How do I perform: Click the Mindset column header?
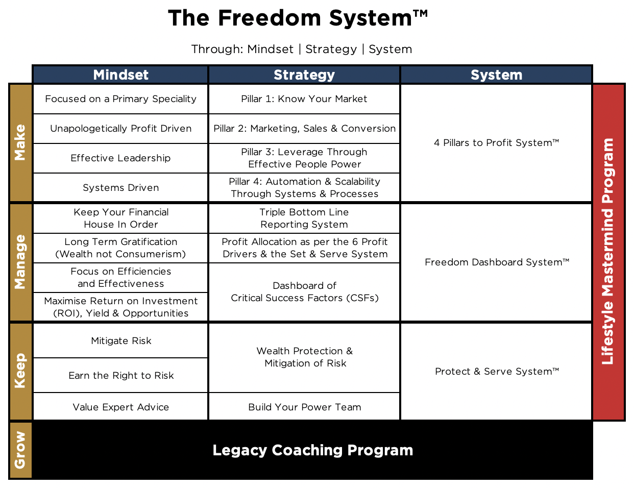click(x=120, y=75)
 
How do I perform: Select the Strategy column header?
click(x=304, y=75)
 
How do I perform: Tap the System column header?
click(x=496, y=75)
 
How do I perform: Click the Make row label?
click(x=20, y=143)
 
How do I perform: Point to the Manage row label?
click(x=20, y=262)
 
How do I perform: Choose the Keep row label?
click(x=20, y=371)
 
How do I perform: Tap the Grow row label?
click(x=20, y=450)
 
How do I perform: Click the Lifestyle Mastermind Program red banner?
click(x=608, y=252)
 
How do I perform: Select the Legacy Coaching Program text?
click(x=313, y=450)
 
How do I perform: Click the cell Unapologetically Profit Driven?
click(x=120, y=129)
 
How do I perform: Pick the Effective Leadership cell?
click(x=120, y=158)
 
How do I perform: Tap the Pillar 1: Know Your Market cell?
click(x=304, y=99)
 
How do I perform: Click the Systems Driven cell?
click(x=120, y=188)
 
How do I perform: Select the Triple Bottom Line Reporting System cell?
click(x=304, y=218)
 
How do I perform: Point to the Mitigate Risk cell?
click(x=120, y=340)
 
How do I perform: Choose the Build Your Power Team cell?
click(x=304, y=407)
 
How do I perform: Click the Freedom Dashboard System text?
click(x=497, y=262)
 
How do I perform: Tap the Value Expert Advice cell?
click(x=120, y=407)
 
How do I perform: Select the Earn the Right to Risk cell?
click(x=120, y=375)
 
